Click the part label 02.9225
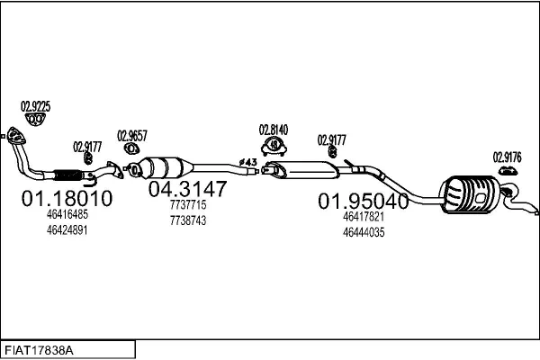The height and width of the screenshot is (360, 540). (x=35, y=107)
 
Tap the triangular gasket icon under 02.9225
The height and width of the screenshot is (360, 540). (x=35, y=120)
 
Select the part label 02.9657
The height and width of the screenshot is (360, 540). (x=132, y=136)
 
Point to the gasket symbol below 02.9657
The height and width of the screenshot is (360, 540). (x=131, y=148)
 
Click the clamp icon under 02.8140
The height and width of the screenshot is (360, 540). (x=274, y=147)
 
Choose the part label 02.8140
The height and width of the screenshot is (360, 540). (x=274, y=130)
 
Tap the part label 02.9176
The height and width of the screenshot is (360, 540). (x=508, y=157)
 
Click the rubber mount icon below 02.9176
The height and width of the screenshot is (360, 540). (x=508, y=170)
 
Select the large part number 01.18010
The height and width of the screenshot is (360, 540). (x=67, y=198)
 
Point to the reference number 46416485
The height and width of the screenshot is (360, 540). (x=67, y=214)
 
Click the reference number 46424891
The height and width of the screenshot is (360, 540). (x=67, y=229)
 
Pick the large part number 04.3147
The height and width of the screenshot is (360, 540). (x=188, y=188)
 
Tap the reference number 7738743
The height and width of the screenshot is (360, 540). (x=188, y=220)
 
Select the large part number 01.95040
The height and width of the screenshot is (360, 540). (x=364, y=201)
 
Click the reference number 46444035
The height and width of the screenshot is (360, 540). (x=364, y=232)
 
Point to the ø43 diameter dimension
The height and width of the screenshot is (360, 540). (x=248, y=162)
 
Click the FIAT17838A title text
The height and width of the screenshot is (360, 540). (x=39, y=351)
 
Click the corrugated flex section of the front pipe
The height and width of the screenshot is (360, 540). (x=68, y=175)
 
